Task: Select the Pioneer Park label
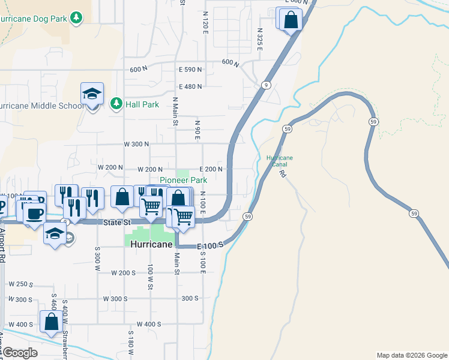tap(183, 180)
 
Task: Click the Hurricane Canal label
tap(280, 161)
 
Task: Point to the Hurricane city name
tap(149, 245)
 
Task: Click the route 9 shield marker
tap(265, 85)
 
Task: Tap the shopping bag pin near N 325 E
tap(291, 19)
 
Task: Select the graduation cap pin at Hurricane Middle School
tap(92, 94)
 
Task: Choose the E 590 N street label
tap(190, 70)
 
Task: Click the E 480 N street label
tap(190, 86)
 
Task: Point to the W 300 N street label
tap(136, 144)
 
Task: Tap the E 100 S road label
tap(211, 245)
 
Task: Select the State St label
tap(116, 223)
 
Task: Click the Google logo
tap(20, 352)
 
